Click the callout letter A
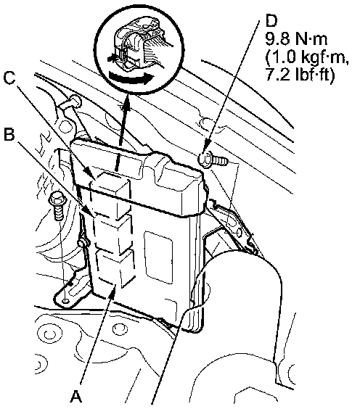pos(75,397)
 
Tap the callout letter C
pos(9,78)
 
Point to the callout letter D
pos(271,20)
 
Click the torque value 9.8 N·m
pos(296,40)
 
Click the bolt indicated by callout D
pos(213,160)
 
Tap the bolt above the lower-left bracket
pos(58,205)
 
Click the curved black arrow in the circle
pos(131,78)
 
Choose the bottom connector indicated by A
pos(115,268)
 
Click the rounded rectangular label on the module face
pos(158,257)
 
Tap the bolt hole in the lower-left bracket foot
pos(65,302)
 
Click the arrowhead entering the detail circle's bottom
pos(127,99)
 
